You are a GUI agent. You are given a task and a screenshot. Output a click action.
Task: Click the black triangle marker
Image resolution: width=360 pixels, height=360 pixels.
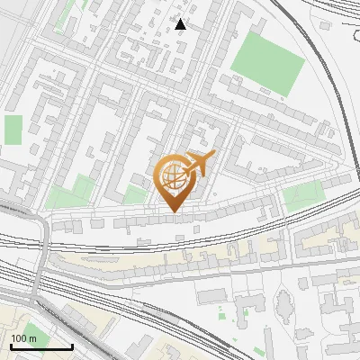click(182, 23)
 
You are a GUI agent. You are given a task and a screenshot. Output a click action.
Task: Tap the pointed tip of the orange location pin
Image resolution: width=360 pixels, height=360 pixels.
click(175, 211)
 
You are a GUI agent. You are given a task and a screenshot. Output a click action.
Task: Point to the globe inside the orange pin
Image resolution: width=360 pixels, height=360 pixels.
click(173, 179)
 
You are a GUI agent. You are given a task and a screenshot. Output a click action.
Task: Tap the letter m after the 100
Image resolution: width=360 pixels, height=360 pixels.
click(32, 337)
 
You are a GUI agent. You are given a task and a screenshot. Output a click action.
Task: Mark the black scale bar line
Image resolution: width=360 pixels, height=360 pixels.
click(41, 346)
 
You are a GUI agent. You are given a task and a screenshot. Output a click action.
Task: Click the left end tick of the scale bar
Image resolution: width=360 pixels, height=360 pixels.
click(11, 345)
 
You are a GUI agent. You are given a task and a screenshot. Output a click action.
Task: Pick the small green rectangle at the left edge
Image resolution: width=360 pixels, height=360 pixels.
click(13, 129)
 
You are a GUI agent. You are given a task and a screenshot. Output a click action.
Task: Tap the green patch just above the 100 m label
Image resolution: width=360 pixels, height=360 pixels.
click(33, 331)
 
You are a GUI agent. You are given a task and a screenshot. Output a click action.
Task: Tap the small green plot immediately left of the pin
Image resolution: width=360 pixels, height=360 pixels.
click(135, 195)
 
